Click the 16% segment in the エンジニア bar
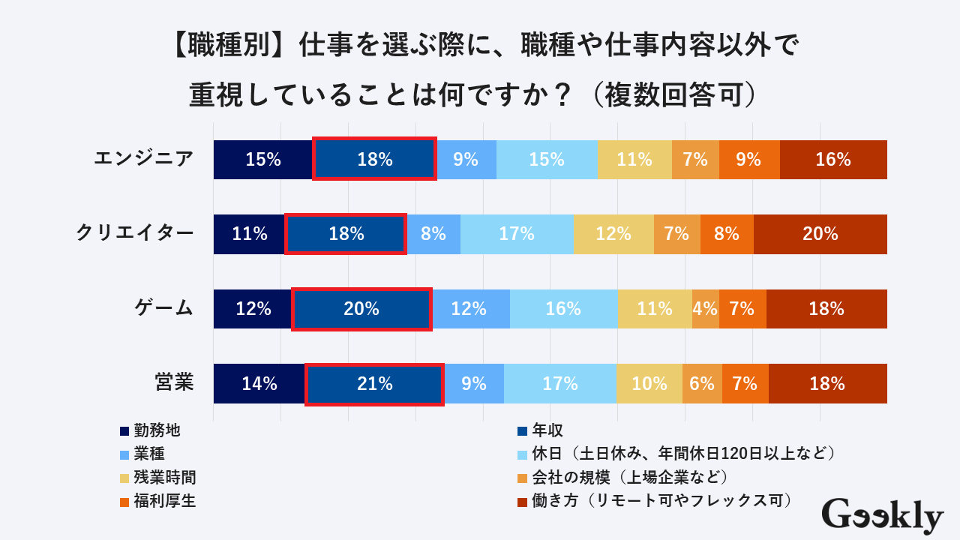coord(833,160)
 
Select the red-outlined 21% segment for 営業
coord(374,384)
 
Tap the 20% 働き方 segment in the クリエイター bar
coord(820,234)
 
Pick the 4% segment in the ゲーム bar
coord(705,309)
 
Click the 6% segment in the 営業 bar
coord(702,384)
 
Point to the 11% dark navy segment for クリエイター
coord(250,234)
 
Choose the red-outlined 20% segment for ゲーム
coord(361,309)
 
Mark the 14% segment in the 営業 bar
coord(259,384)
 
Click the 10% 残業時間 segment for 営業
coord(649,384)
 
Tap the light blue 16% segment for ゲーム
coord(563,309)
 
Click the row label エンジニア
coord(143,159)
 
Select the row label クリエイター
coord(135,233)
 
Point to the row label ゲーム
coord(163,308)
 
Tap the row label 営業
coord(174,382)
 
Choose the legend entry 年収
coord(547,430)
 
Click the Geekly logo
coord(882,516)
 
